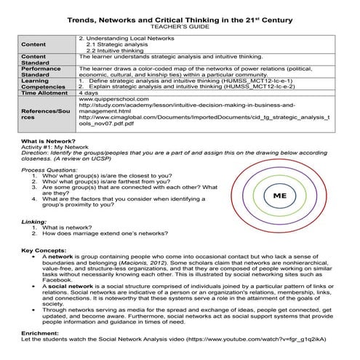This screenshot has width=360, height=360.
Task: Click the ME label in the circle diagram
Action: tap(279, 196)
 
